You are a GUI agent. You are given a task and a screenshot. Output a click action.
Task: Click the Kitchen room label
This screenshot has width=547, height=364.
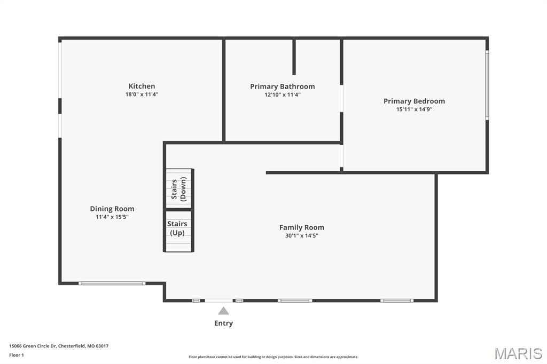point(142,86)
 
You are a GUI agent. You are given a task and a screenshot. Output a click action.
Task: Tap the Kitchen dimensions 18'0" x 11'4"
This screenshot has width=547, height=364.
point(142,94)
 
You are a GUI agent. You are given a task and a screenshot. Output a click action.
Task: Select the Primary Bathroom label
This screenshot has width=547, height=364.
point(282,86)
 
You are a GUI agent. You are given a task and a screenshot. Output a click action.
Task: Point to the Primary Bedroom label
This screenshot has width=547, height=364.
point(414,101)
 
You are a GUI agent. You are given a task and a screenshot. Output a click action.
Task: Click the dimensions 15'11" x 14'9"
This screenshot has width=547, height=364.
point(414,109)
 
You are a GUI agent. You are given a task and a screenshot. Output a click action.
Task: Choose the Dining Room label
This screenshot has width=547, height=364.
point(112,209)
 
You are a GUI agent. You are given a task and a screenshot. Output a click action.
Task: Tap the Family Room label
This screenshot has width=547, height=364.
point(302,227)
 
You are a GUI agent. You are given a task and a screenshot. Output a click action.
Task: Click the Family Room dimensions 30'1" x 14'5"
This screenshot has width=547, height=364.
point(302,236)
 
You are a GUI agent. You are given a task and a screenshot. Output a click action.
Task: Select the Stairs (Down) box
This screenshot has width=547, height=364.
point(179,188)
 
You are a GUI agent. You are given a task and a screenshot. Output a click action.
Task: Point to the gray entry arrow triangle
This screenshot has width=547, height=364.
point(223,311)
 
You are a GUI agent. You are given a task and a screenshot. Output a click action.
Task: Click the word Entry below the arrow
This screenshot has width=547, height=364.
point(223,323)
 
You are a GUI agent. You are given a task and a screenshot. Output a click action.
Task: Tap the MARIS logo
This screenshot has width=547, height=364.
point(518,353)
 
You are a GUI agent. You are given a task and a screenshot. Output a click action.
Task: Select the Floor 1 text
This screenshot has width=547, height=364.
point(17,355)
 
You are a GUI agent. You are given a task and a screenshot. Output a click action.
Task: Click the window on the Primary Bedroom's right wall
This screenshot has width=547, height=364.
point(487,85)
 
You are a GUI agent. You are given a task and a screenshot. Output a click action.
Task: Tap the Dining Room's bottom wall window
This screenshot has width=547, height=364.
point(112,283)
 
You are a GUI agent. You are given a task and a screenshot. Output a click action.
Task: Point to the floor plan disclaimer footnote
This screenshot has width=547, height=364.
point(273,357)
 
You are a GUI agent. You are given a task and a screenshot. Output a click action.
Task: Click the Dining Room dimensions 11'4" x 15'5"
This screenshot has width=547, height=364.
point(112,217)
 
